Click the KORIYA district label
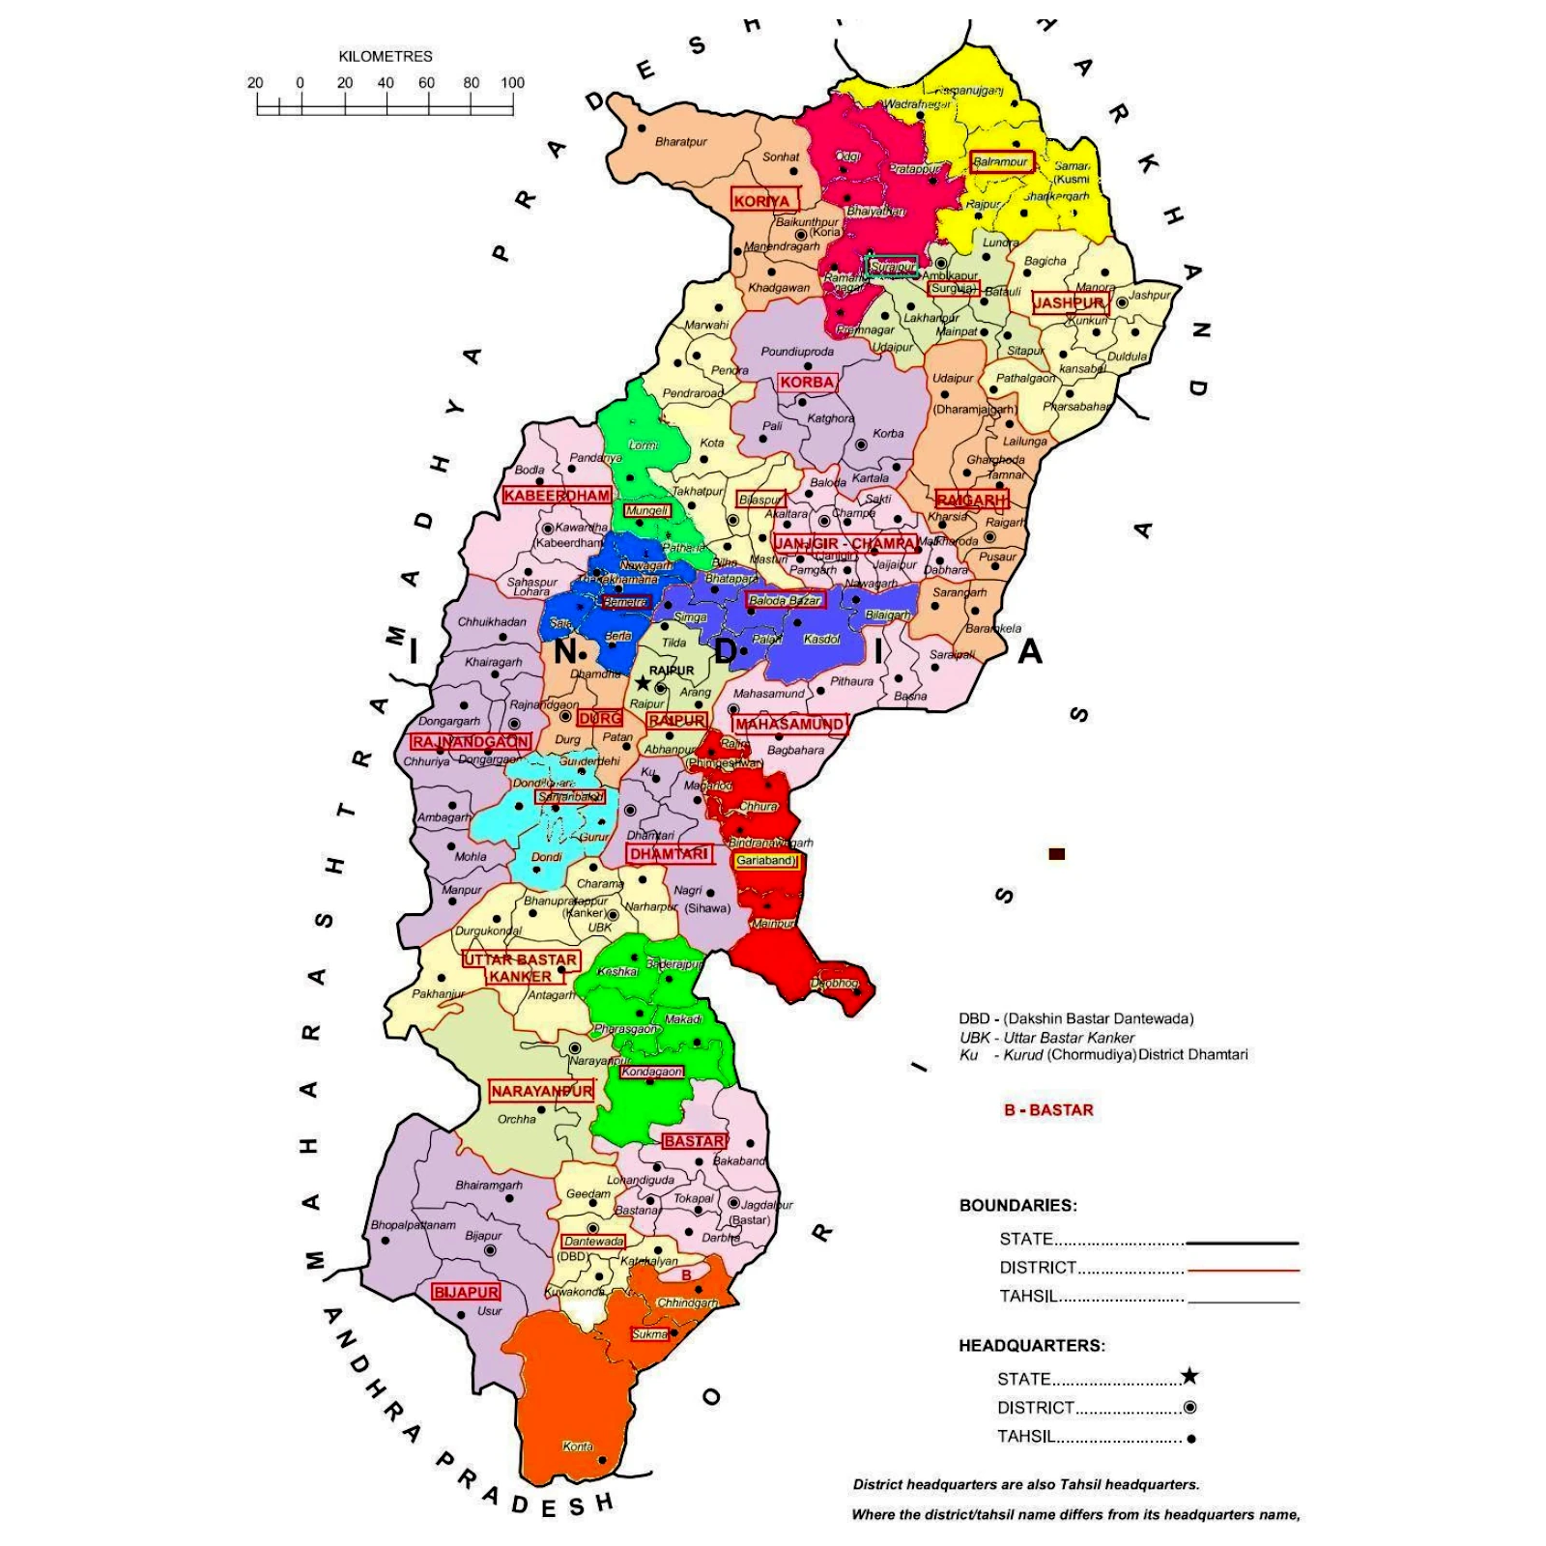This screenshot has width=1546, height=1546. click(761, 201)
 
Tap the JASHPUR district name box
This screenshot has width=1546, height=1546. click(1069, 302)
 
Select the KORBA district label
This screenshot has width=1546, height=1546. click(807, 382)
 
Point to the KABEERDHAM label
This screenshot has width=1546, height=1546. click(557, 496)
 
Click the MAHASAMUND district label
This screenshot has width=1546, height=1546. click(789, 724)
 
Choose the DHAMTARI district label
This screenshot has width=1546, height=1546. click(670, 854)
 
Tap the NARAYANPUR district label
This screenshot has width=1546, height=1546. click(541, 1091)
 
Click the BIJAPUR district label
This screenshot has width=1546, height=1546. click(466, 1292)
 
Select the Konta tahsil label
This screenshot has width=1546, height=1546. click(578, 1446)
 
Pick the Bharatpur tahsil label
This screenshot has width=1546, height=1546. click(681, 142)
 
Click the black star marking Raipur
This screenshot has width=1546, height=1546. click(643, 683)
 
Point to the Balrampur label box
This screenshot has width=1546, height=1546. click(1001, 161)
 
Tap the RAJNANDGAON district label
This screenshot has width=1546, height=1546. click(471, 741)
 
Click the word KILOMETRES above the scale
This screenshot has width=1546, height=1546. click(386, 56)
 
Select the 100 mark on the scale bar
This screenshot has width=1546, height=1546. click(512, 83)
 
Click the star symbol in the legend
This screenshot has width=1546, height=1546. click(1189, 1376)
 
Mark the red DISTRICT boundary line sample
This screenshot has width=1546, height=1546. click(1243, 1270)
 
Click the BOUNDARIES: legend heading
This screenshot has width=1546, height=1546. click(1017, 1205)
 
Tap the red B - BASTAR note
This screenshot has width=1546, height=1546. click(1048, 1110)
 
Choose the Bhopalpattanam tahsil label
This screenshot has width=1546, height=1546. click(413, 1224)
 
